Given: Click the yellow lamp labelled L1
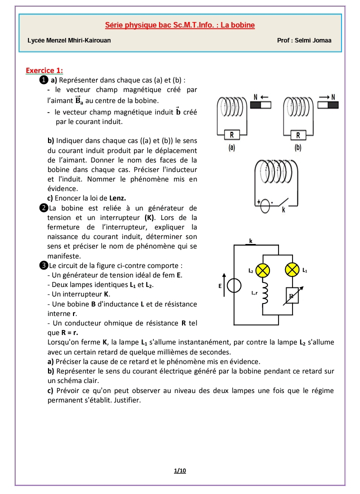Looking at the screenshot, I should point(292,270).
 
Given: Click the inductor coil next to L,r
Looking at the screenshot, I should point(265,295).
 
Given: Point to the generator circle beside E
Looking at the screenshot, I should point(233,285).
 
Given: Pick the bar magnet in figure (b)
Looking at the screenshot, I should point(326,105).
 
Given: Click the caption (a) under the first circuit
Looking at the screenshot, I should point(231,148).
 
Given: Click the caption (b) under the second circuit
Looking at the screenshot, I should point(298,148).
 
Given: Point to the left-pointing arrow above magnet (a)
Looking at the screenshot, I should point(265,96).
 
